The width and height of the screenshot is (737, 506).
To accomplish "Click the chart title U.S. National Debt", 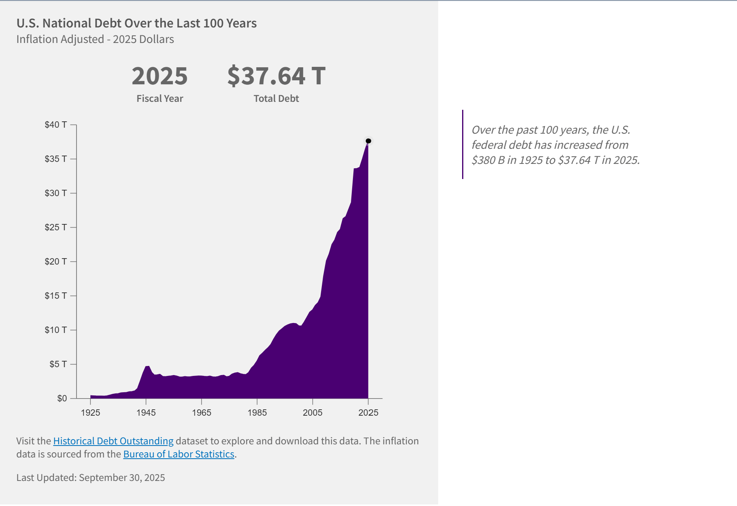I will coord(136,23).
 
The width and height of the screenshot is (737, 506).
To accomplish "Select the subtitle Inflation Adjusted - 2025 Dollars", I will coord(95,39).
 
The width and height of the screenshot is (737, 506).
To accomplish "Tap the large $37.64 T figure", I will coord(276,76).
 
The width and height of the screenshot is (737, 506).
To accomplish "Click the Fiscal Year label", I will coord(160,99).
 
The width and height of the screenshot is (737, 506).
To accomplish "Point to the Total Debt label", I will coord(276,99).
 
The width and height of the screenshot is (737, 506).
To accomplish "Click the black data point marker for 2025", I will coord(368,141).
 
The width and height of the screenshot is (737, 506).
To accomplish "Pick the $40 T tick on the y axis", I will coord(56,125).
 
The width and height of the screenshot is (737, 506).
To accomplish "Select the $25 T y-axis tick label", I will coord(56,228).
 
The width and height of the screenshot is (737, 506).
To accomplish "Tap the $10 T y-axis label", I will coord(56,330).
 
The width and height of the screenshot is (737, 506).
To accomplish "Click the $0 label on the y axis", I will coord(62,399).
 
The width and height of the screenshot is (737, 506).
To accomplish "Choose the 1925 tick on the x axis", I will coord(90,413).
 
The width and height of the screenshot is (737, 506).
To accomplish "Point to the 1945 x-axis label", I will coord(146,413).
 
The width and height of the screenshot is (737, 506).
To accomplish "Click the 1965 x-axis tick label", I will coord(202,413).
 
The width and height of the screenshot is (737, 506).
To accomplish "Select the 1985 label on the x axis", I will coord(257,413).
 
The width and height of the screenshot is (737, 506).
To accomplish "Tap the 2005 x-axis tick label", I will coord(313,413).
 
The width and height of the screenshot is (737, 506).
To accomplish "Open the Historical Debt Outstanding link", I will coord(113,441).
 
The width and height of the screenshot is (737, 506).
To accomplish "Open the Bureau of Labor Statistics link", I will coord(178,454).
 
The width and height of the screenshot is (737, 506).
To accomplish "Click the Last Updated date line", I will coord(90,478).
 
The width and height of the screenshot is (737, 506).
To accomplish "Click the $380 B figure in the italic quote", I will coord(488,160).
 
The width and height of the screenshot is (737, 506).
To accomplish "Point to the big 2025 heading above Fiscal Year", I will coord(160,76).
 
